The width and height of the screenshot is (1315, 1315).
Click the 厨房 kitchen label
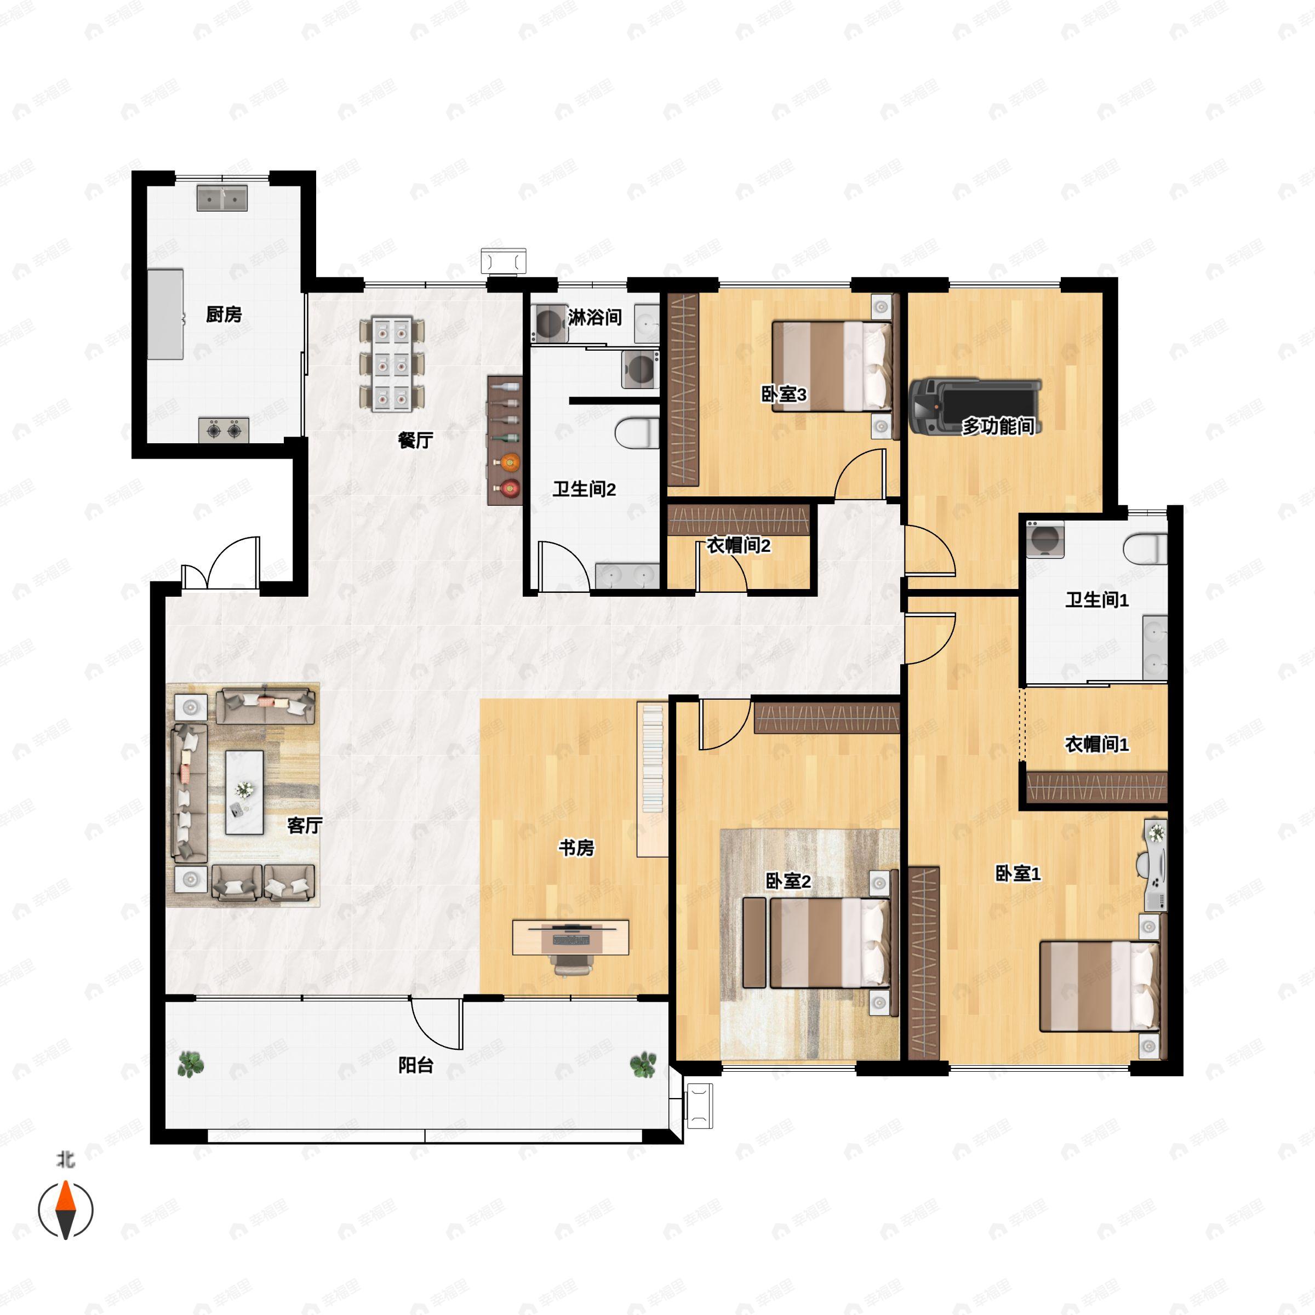tap(224, 315)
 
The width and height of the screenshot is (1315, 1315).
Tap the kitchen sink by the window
tap(222, 198)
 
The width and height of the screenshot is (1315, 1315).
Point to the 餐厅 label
tap(415, 441)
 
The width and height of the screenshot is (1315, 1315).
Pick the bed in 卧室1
tap(1100, 986)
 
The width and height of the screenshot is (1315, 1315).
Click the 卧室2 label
tap(788, 882)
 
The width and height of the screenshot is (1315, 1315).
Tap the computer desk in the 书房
tap(570, 937)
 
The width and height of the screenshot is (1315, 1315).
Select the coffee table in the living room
tap(244, 792)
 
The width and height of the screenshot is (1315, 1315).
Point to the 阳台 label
tap(416, 1065)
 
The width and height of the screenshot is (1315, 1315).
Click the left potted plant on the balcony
tap(191, 1064)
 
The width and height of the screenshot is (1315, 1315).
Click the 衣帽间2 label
tap(739, 545)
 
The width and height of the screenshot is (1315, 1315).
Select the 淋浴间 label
tap(595, 317)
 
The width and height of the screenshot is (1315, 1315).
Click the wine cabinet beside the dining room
tap(504, 439)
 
